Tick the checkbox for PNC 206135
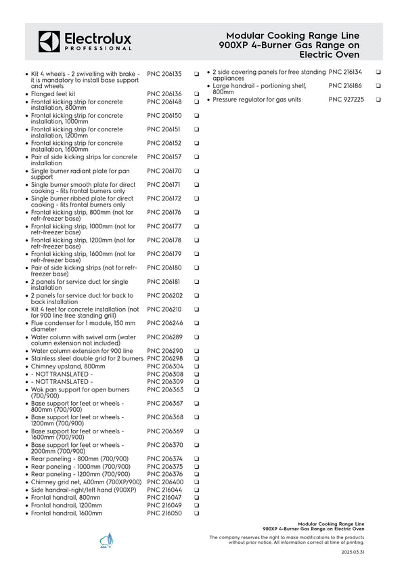196,73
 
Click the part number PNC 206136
164,94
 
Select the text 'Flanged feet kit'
53,94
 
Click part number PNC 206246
164,323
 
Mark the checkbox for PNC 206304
196,366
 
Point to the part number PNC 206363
164,389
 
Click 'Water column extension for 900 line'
82,351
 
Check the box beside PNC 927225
378,100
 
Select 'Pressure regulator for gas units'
256,100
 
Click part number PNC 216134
345,71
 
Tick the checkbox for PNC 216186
378,86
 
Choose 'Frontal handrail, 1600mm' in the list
66,513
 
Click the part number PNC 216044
164,490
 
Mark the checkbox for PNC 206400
196,482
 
